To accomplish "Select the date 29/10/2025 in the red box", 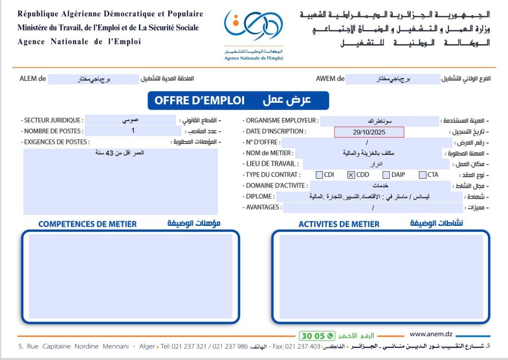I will (369, 132).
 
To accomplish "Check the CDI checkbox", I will (319, 175).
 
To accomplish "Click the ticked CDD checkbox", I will (351, 175).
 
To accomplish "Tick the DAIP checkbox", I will (386, 175).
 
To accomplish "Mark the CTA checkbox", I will (423, 175).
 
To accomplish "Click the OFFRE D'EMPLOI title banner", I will (238, 100).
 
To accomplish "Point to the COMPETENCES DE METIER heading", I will (87, 224).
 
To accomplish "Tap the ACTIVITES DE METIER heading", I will (339, 224).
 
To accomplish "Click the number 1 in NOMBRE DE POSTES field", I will (133, 131).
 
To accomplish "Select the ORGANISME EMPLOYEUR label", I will (281, 120).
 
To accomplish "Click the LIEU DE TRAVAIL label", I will (272, 164).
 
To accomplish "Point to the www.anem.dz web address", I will (431, 335).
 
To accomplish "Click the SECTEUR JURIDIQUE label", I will (53, 120).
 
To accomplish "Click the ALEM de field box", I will (94, 79).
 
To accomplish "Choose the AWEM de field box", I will (393, 79).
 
